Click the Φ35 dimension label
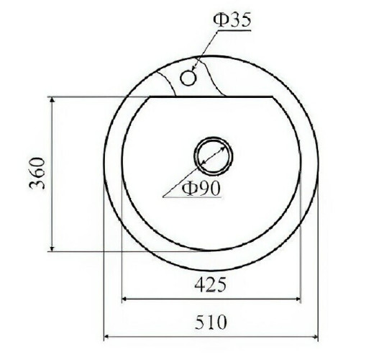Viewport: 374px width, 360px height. (232, 19)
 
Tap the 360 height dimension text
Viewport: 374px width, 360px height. (40, 173)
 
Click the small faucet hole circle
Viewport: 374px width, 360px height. (188, 77)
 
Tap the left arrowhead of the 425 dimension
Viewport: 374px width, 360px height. (126, 297)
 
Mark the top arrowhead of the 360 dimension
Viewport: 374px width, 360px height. (53, 100)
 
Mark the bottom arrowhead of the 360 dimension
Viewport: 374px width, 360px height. (53, 246)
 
